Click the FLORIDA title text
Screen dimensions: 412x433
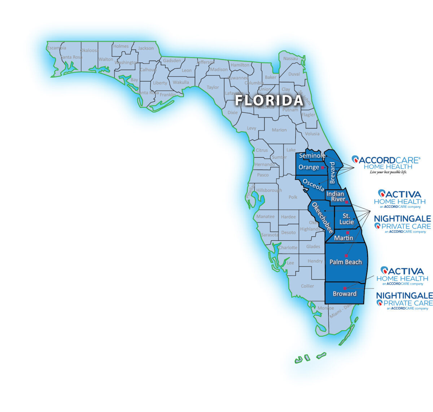(x=269, y=101)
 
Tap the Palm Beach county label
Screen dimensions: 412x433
(x=345, y=262)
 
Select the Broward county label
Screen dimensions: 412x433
(x=345, y=294)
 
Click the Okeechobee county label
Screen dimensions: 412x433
(x=322, y=218)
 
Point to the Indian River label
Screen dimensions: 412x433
(x=336, y=197)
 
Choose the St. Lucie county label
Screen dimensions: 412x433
(x=346, y=219)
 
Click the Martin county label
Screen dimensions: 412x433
(x=344, y=238)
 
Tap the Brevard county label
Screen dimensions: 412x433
(x=333, y=172)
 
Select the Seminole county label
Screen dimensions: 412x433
(x=312, y=156)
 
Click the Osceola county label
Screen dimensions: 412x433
(x=313, y=185)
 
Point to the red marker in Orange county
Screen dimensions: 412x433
(x=323, y=168)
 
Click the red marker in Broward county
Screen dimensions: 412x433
(x=345, y=288)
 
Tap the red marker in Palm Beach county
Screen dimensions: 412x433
(x=346, y=255)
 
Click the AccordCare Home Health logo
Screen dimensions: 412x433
(x=386, y=163)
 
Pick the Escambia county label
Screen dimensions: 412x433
(x=57, y=48)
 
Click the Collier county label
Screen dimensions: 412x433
(x=307, y=286)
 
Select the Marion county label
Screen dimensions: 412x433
(x=279, y=130)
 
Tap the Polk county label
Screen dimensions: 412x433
(x=293, y=197)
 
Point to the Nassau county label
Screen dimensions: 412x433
(x=290, y=58)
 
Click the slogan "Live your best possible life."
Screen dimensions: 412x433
(x=388, y=172)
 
